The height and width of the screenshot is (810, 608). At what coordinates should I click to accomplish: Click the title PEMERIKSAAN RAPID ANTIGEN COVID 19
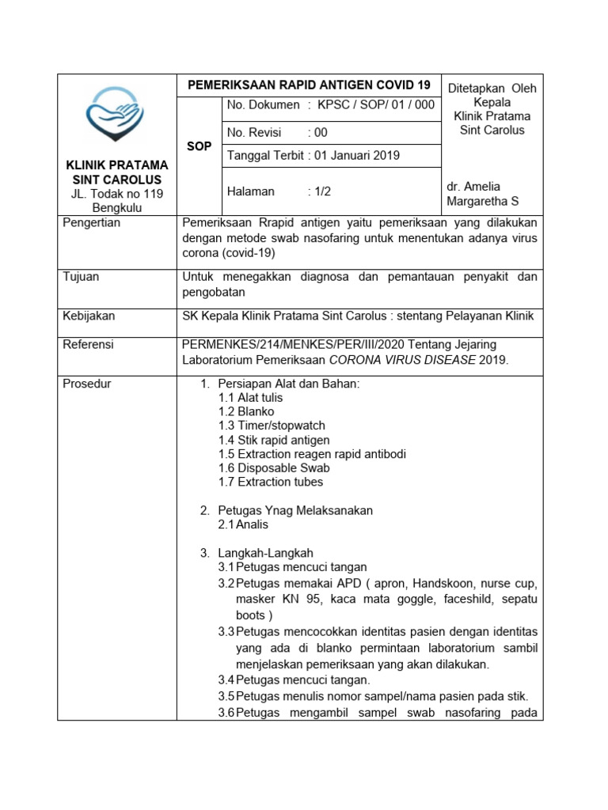tap(309, 85)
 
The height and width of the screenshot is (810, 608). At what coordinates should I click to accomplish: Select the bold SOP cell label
tap(199, 146)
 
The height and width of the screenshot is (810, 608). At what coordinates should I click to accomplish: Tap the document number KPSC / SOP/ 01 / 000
tap(376, 105)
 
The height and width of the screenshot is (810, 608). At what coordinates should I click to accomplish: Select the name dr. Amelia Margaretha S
tap(484, 194)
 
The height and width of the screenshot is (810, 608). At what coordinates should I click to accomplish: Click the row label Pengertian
tap(92, 223)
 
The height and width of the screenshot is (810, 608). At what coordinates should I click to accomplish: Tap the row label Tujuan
tap(81, 277)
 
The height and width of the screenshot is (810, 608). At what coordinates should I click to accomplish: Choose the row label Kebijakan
tap(89, 316)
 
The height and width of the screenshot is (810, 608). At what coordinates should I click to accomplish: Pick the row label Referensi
tap(88, 344)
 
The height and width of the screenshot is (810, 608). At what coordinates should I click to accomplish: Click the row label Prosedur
tap(87, 384)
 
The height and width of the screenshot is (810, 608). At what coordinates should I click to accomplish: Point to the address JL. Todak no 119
tap(116, 194)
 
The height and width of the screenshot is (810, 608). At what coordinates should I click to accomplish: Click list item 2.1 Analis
tap(244, 524)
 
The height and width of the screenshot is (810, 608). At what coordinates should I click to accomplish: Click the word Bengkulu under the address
tap(116, 207)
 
